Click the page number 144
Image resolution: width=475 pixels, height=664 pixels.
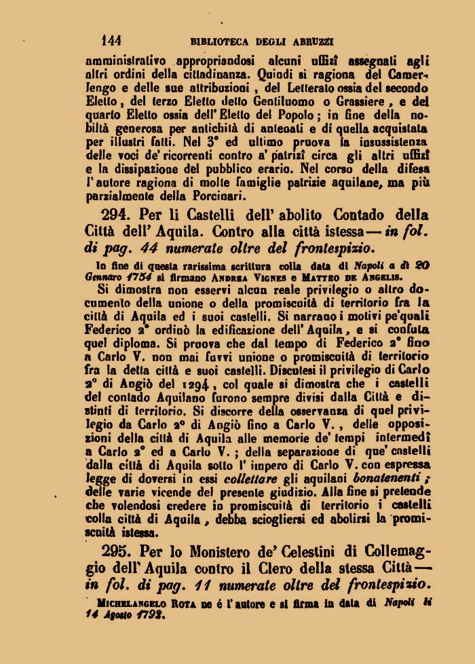coord(111,41)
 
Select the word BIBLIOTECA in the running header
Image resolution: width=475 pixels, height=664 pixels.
coord(218,41)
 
